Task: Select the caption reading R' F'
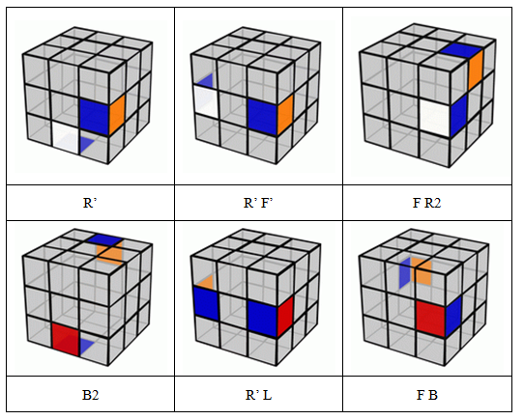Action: pyautogui.click(x=258, y=203)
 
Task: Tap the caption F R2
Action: pyautogui.click(x=426, y=203)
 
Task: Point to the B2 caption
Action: pyautogui.click(x=90, y=395)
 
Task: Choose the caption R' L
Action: pyautogui.click(x=258, y=395)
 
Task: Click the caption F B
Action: pyautogui.click(x=426, y=395)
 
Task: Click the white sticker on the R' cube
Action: pyautogui.click(x=66, y=137)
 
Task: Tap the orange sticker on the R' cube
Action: pyautogui.click(x=117, y=114)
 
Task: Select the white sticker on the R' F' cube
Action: pyautogui.click(x=206, y=100)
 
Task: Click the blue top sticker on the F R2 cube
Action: pyautogui.click(x=461, y=51)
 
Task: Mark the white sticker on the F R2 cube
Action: pyautogui.click(x=435, y=118)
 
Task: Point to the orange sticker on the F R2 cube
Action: pyautogui.click(x=476, y=70)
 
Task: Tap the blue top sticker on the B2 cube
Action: pyautogui.click(x=104, y=239)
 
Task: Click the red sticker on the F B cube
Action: pyautogui.click(x=431, y=319)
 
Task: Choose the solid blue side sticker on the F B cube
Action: pyautogui.click(x=453, y=316)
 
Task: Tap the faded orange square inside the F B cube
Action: pyautogui.click(x=422, y=270)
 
